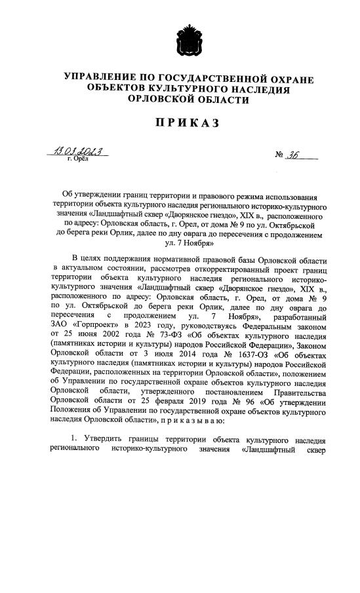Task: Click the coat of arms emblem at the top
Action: (x=179, y=41)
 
